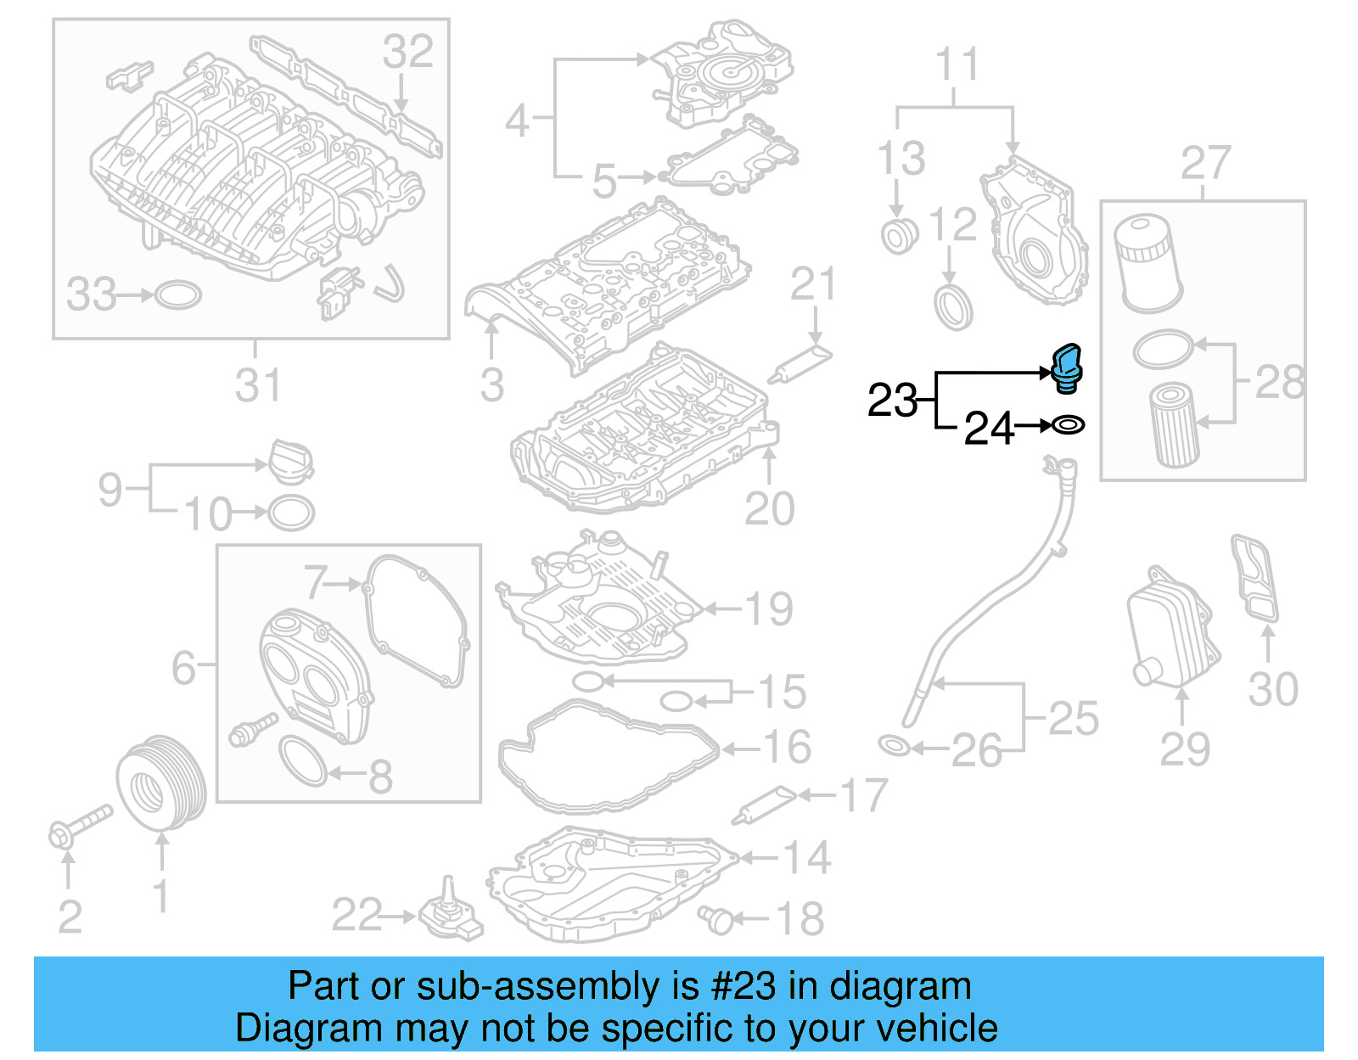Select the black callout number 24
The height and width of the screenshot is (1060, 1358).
(989, 428)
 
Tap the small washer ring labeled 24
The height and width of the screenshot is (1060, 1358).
(1069, 423)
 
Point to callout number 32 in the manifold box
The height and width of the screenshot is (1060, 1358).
(407, 52)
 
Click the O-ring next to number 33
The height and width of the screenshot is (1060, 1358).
(178, 294)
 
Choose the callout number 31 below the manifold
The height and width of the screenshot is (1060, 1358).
(257, 385)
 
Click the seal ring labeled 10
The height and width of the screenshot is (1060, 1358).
(291, 513)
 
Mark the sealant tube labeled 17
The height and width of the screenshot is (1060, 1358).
(764, 804)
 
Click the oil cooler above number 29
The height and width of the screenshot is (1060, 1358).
(1172, 626)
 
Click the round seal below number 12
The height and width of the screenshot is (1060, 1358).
(952, 307)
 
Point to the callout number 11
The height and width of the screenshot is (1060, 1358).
(957, 64)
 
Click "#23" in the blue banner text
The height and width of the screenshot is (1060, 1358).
(743, 986)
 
